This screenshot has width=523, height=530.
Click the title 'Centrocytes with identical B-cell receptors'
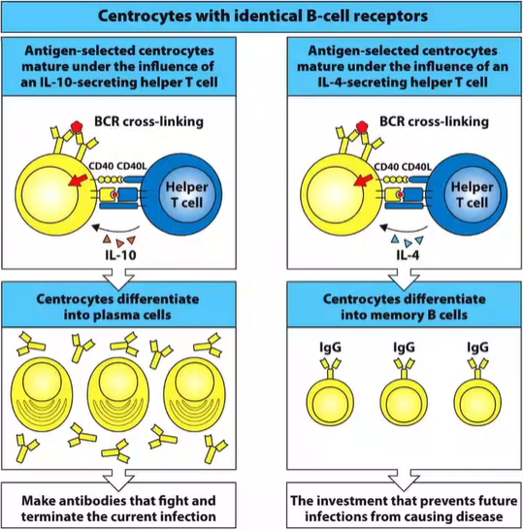click(261, 17)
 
